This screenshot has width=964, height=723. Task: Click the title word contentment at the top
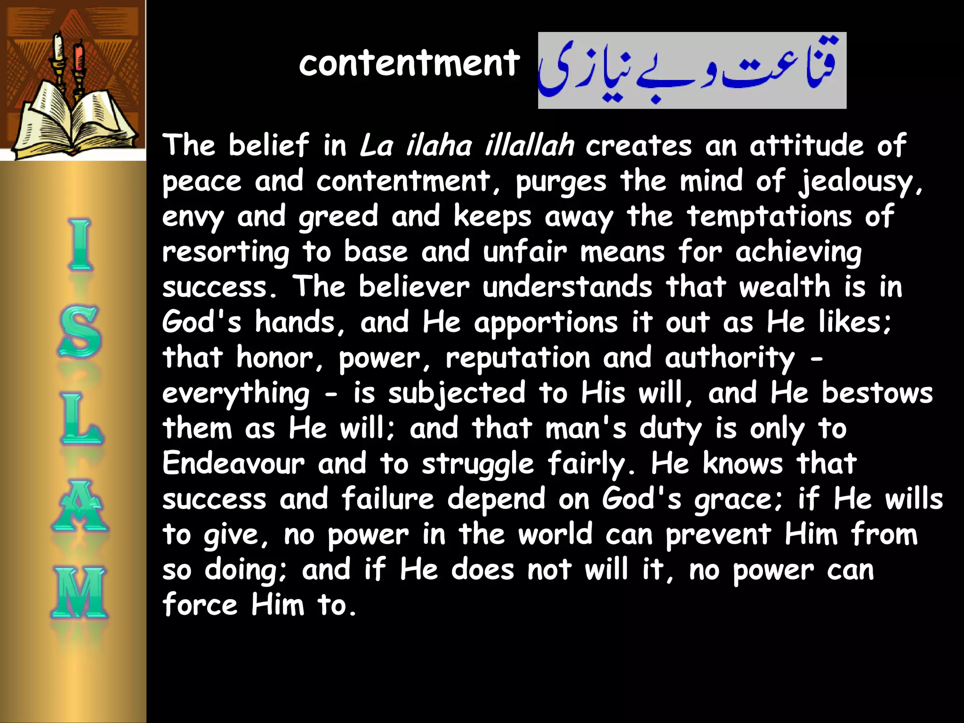[409, 64]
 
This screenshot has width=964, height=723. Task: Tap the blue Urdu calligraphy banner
[691, 71]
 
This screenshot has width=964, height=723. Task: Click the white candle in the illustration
[59, 47]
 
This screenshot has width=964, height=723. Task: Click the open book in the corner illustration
[75, 122]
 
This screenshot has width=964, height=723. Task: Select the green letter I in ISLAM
[80, 244]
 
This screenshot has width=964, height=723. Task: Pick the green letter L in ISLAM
[81, 418]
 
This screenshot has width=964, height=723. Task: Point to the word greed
[338, 217]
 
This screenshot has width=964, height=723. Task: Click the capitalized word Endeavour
[233, 463]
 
